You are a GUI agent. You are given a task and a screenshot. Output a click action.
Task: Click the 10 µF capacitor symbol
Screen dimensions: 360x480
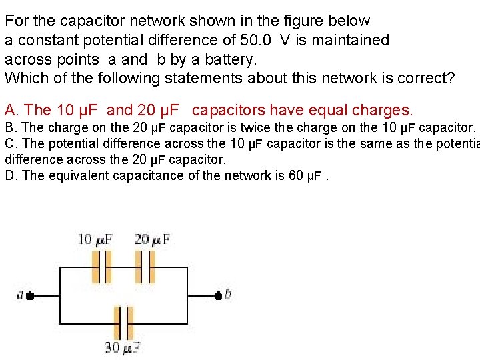tap(101, 267)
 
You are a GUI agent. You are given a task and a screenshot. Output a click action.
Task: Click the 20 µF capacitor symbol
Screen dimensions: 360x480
tap(145, 267)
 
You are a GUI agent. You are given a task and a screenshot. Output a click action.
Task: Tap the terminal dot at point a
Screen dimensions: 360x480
tap(30, 295)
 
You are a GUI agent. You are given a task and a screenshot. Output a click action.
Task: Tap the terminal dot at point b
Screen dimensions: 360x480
tap(217, 295)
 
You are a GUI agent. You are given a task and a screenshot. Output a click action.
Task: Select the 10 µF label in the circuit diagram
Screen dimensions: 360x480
tap(95, 239)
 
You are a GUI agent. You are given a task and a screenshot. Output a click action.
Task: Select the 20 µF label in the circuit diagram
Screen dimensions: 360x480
tap(152, 239)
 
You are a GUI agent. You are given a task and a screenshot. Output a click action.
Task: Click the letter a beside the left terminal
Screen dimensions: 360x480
tap(21, 294)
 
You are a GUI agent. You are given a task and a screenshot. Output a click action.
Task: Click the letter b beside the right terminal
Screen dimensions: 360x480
tap(228, 293)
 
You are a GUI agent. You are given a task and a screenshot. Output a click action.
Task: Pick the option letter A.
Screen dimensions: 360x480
tap(9, 109)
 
